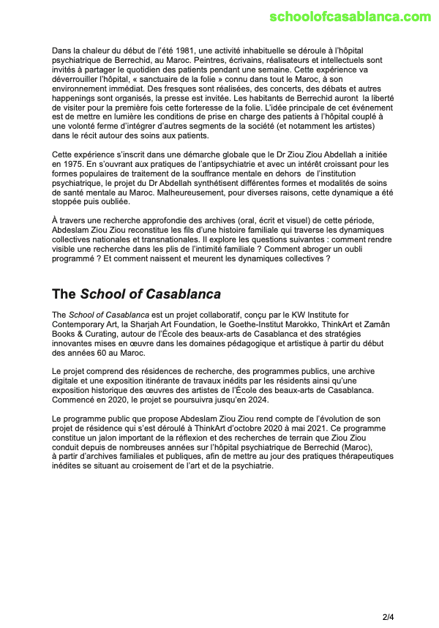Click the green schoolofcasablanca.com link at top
[350, 17]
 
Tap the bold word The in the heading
[64, 294]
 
